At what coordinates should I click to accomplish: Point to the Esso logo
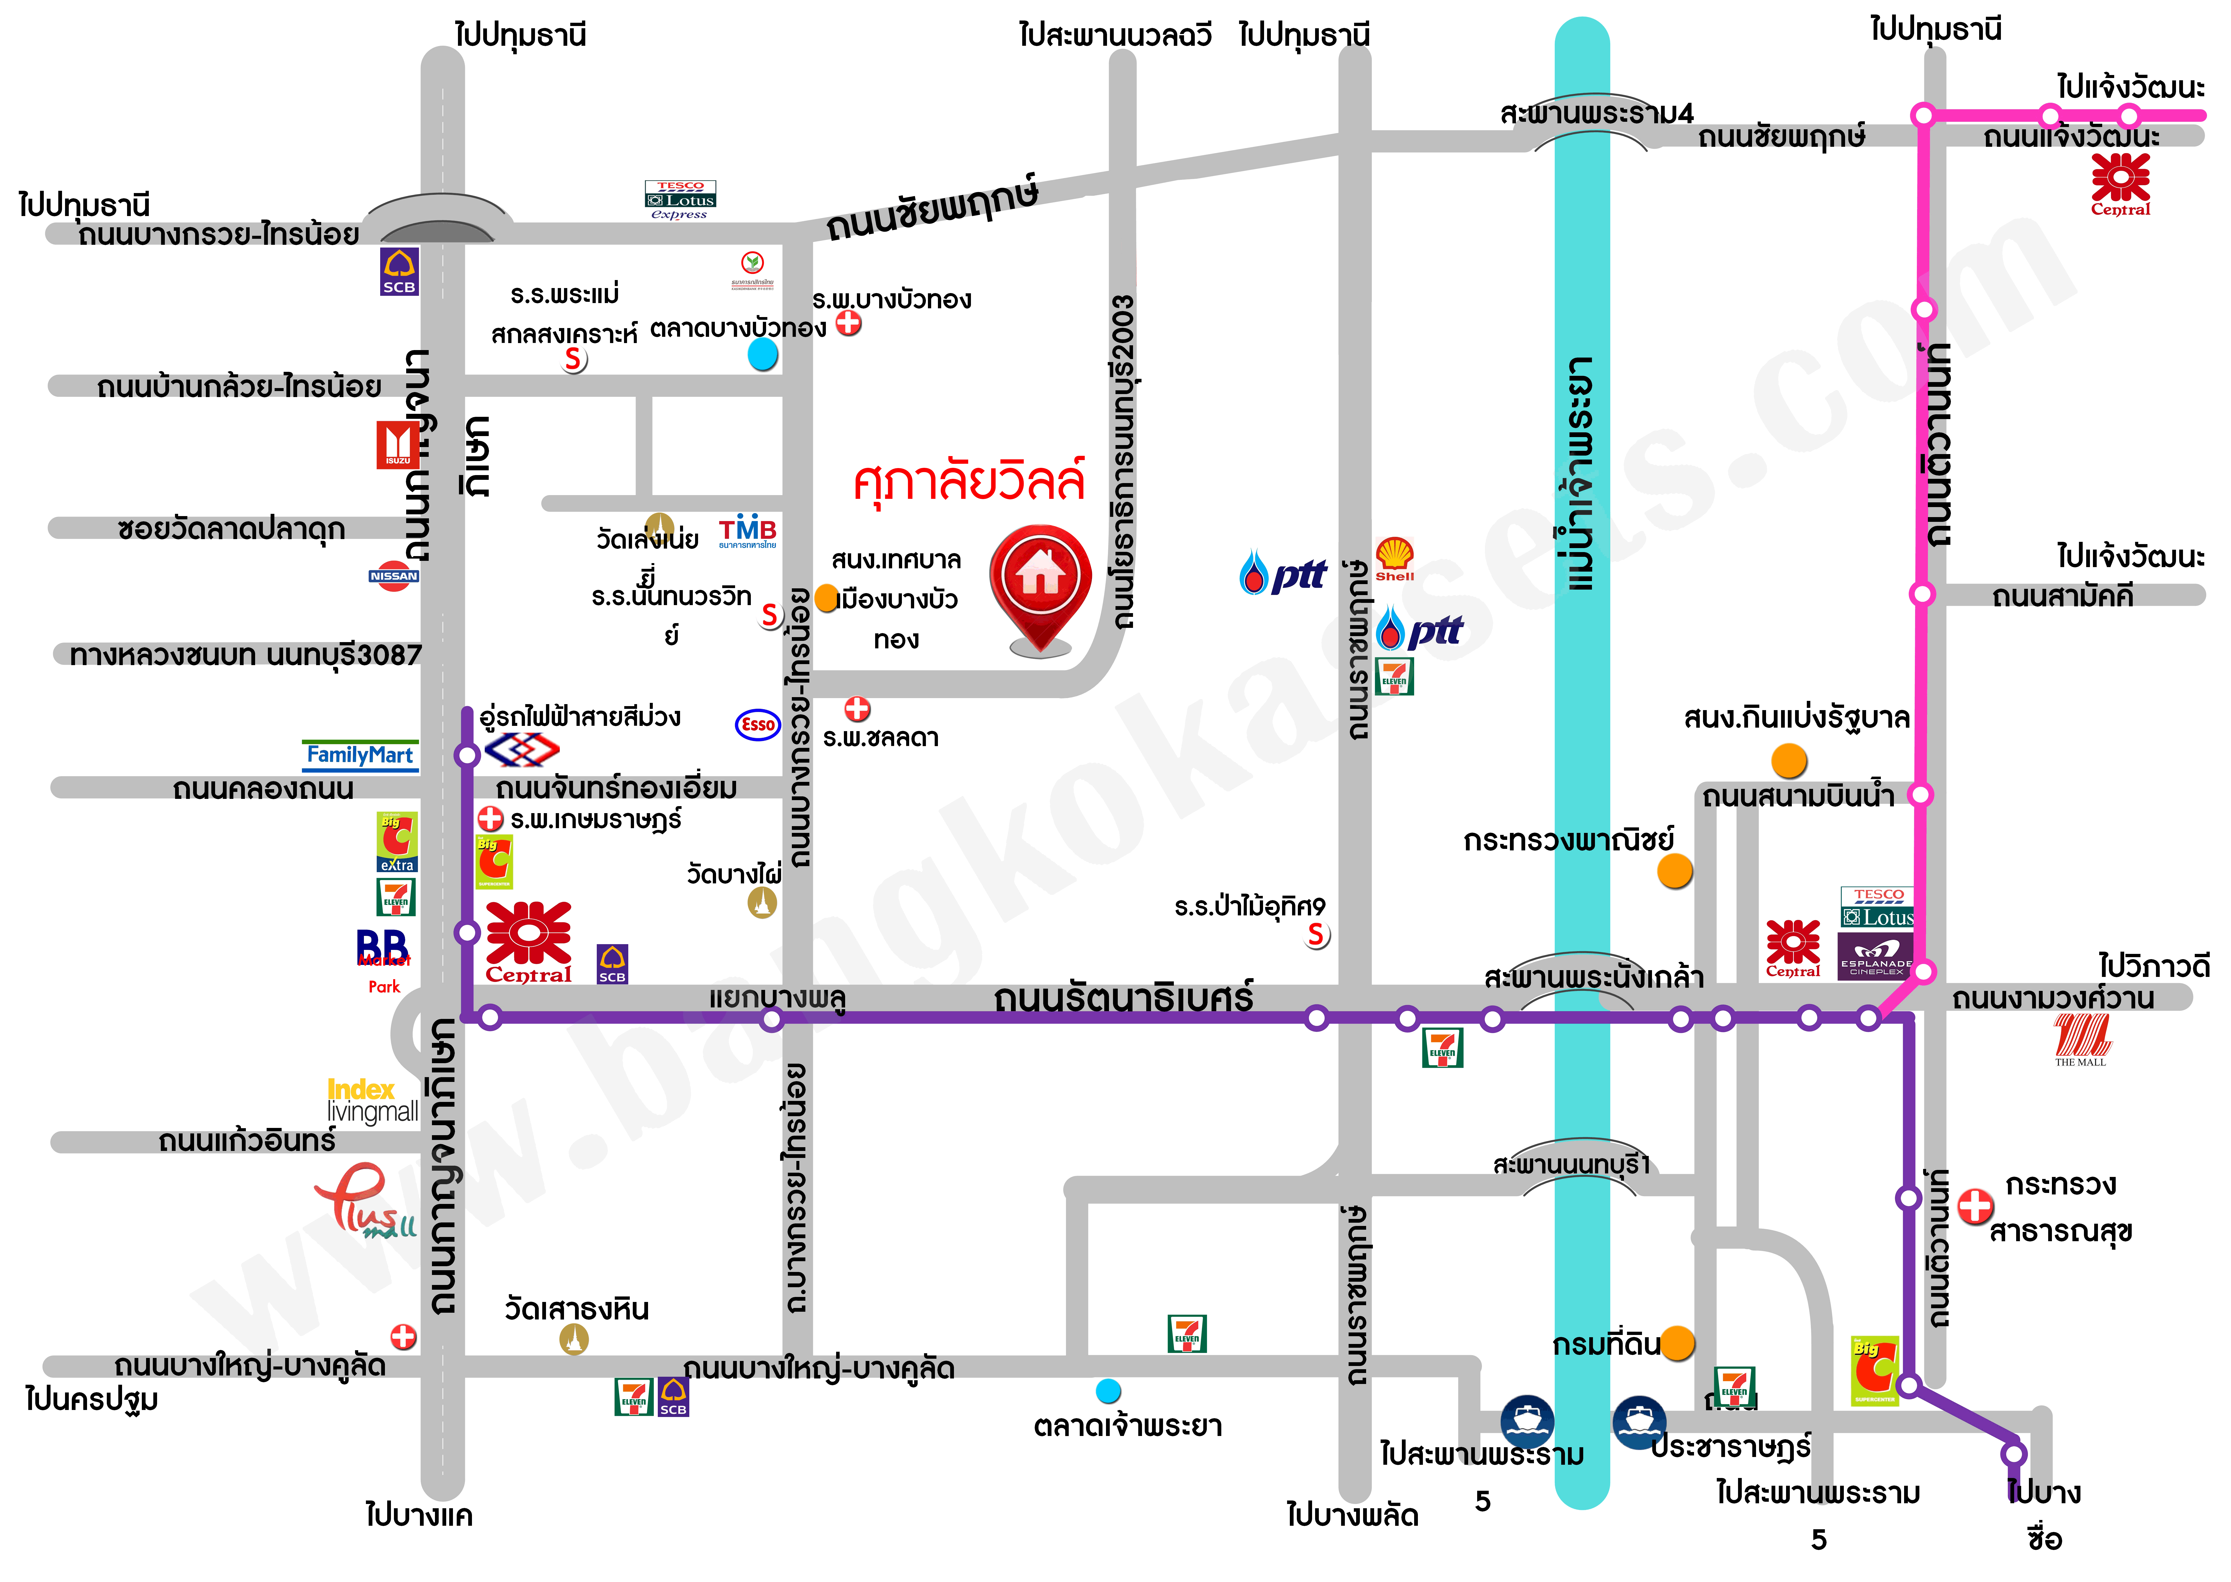click(x=757, y=724)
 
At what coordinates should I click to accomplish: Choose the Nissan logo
click(x=394, y=576)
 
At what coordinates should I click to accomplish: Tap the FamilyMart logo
click(x=360, y=755)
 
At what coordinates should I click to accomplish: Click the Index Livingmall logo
click(x=372, y=1101)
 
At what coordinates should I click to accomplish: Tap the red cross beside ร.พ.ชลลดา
click(x=857, y=708)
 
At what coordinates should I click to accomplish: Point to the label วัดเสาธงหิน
click(x=577, y=1308)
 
